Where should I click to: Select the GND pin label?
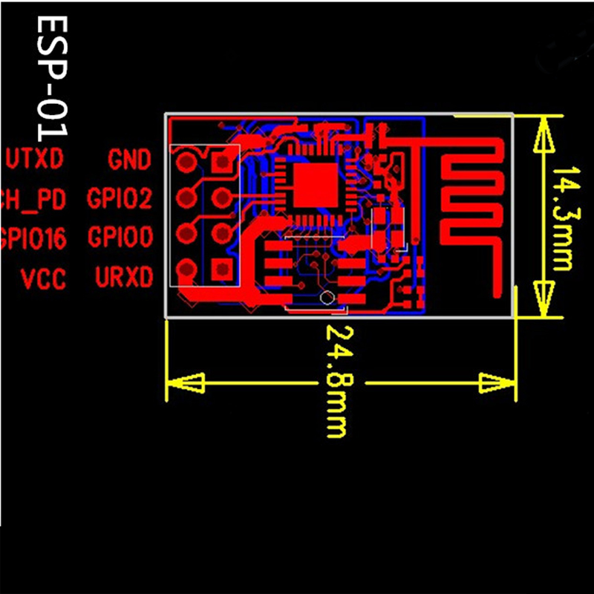[x=130, y=159]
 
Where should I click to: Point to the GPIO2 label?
[x=120, y=198]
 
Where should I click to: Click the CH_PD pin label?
[x=33, y=198]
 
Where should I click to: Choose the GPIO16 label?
[x=33, y=238]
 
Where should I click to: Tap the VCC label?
[x=43, y=279]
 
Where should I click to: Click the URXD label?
[x=124, y=277]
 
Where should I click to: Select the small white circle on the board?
[x=325, y=298]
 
